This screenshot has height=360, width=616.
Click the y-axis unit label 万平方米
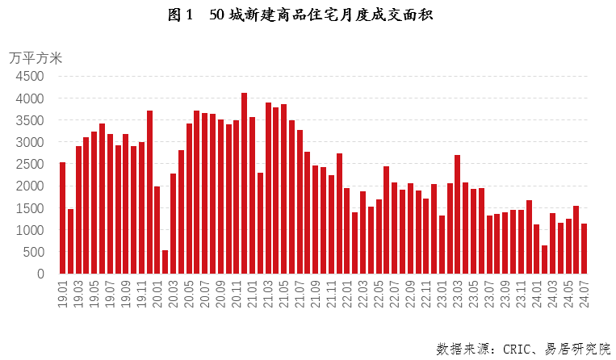36,57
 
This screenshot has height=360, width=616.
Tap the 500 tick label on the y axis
33,252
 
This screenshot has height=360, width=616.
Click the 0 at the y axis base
40,274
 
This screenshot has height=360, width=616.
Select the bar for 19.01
63,218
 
